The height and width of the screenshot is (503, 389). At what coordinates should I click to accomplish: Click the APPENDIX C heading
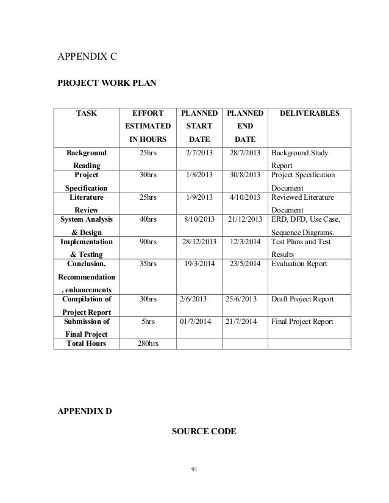87,58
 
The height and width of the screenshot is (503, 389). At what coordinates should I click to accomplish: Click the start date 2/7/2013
200,153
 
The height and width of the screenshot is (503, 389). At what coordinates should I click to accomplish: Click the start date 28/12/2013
200,242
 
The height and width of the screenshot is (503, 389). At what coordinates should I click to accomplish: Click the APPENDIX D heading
85,411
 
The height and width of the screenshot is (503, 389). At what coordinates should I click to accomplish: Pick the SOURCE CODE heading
204,432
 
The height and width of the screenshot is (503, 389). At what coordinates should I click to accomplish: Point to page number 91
194,469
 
